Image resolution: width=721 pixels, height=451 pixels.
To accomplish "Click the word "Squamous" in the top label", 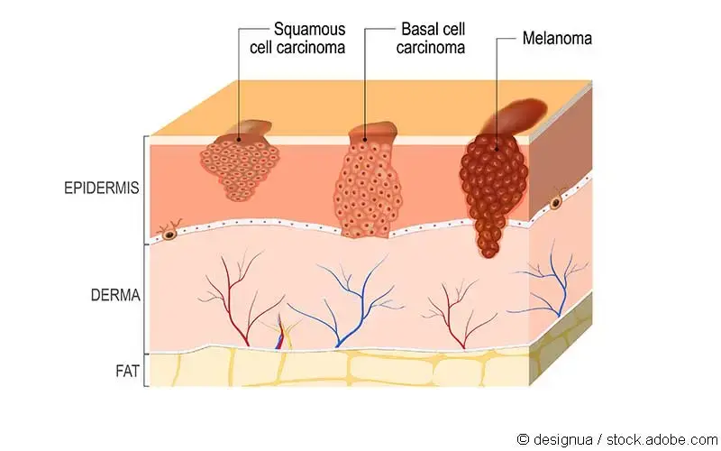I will [x=309, y=30].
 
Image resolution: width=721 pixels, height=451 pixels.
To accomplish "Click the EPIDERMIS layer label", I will [x=102, y=189].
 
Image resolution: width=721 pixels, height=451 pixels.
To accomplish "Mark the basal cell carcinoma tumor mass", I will [x=365, y=189].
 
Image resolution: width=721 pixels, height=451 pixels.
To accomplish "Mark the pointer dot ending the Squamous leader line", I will [x=239, y=139].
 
